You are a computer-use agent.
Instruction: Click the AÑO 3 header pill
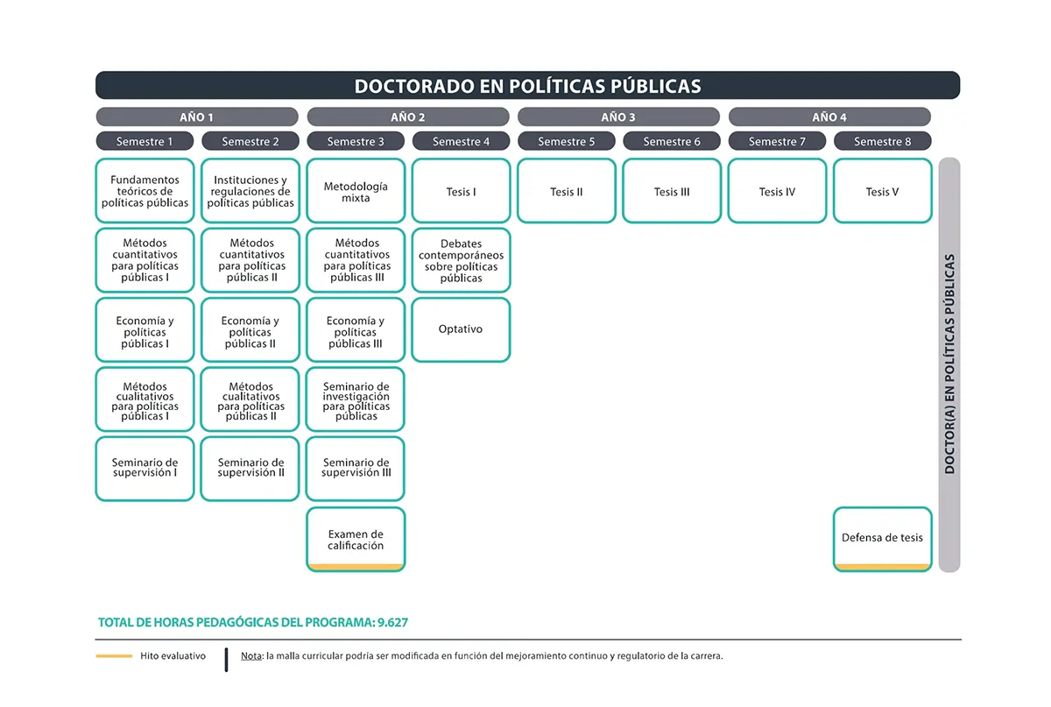tap(618, 117)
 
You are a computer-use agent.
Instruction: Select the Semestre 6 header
tap(672, 141)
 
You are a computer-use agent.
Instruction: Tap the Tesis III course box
tap(672, 191)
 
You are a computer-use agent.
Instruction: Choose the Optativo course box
tap(461, 329)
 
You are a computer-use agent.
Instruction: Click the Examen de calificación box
tap(356, 540)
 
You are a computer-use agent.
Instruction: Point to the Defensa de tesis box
tap(882, 540)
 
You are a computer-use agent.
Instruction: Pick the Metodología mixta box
tap(356, 191)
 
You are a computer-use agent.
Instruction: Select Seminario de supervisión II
tap(250, 469)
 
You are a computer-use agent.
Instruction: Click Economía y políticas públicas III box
tap(356, 329)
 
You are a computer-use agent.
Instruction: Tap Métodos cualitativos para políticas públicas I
tap(145, 399)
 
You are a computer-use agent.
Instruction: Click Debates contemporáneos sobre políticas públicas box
tap(461, 260)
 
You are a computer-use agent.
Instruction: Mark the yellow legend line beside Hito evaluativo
tap(114, 656)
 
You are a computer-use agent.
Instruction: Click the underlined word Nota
tap(251, 656)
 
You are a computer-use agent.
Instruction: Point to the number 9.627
tap(392, 623)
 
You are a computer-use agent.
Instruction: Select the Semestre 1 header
tap(145, 141)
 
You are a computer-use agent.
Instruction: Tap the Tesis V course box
tap(882, 191)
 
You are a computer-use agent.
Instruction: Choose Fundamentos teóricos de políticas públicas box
tap(145, 191)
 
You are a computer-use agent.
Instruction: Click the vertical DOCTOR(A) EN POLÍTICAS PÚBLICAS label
tap(949, 364)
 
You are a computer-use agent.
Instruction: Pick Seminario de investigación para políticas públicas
tap(356, 399)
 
